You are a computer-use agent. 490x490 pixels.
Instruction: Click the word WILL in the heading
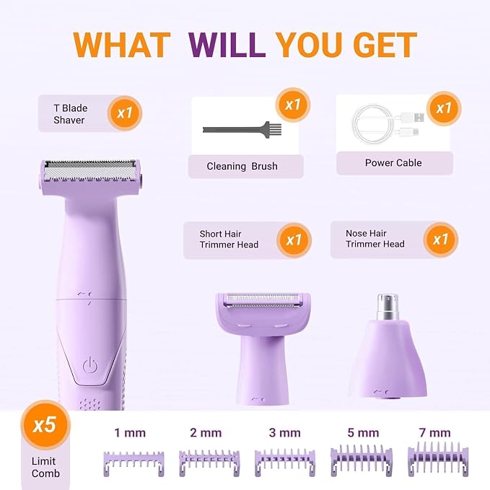[227, 45]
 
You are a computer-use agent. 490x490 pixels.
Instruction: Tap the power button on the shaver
[90, 365]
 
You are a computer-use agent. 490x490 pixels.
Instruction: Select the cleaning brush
[242, 129]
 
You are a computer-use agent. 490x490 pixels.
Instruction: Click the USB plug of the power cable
[415, 118]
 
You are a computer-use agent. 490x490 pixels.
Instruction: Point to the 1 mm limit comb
[134, 463]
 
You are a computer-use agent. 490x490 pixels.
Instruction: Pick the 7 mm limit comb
[438, 460]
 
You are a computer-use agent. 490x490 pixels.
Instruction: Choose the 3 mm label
[284, 433]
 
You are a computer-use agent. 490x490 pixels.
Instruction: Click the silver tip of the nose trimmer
[388, 306]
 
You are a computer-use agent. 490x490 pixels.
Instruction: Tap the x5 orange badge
[45, 425]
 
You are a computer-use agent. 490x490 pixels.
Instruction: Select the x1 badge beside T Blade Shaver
[125, 113]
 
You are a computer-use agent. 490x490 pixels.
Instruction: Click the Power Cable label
[393, 163]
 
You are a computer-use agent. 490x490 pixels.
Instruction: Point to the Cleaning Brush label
[242, 166]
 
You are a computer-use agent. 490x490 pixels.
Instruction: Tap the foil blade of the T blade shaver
[90, 170]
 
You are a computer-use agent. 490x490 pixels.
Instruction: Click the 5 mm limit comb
[362, 461]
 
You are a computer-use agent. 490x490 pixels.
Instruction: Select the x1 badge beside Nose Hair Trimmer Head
[441, 240]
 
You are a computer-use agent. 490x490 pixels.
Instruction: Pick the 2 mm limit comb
[209, 463]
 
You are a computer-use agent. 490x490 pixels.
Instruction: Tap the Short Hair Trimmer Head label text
[229, 239]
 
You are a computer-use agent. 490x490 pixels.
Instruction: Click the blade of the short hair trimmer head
[263, 300]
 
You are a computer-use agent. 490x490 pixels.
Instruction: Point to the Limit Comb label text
[45, 467]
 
